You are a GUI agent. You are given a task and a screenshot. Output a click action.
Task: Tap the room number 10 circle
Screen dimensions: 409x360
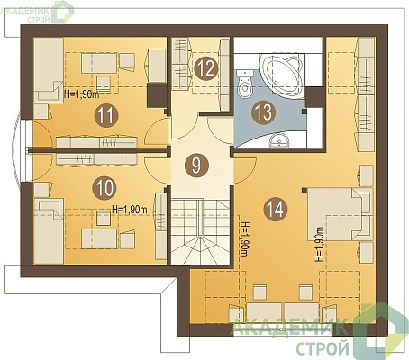(105, 188)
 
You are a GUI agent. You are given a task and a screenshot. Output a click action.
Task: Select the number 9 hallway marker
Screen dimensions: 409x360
(196, 165)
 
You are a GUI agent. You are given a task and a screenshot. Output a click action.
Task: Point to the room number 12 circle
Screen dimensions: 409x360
(206, 68)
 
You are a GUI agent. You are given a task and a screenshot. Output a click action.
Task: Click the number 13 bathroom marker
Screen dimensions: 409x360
(264, 112)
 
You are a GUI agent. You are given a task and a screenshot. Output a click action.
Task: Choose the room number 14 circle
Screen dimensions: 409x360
(276, 209)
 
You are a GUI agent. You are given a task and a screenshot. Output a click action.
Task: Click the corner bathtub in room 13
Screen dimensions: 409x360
(282, 74)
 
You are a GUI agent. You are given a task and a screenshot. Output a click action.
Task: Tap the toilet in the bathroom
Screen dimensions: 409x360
(244, 85)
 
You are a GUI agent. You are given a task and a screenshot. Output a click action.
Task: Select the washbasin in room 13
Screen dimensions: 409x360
(279, 141)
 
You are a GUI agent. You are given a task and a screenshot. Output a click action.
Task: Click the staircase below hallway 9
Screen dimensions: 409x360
(200, 232)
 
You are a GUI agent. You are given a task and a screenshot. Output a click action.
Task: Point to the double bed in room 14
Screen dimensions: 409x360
(340, 214)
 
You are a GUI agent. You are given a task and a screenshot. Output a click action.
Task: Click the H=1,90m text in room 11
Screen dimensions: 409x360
(82, 94)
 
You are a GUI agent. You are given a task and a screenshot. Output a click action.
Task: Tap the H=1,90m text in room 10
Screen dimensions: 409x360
(130, 210)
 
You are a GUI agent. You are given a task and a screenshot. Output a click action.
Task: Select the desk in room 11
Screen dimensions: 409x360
(99, 63)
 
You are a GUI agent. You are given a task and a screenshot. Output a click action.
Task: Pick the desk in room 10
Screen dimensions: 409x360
(99, 238)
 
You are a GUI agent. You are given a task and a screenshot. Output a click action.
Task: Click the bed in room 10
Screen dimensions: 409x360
(49, 230)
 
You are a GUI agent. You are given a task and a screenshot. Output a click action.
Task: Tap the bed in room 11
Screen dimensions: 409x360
(49, 70)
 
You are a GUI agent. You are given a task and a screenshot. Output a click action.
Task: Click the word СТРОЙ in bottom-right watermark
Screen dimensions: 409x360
(323, 348)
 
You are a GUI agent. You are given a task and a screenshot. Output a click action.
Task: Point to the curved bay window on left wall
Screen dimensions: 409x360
(22, 151)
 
